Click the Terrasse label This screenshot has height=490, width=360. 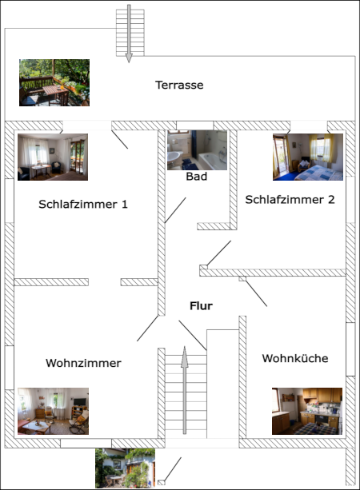point(179,85)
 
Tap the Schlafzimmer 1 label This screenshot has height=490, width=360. point(83,204)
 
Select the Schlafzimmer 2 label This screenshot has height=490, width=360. point(290,200)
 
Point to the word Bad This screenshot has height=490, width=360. point(196,176)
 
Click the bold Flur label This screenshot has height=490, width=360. point(201,305)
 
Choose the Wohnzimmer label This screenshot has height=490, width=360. point(83,363)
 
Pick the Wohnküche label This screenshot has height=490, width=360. point(295,358)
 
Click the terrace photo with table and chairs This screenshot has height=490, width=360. point(54,82)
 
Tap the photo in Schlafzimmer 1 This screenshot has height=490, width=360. point(53,157)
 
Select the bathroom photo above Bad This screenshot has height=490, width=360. point(197,150)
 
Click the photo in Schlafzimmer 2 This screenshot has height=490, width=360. point(308,157)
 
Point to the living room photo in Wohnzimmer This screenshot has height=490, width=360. point(53,410)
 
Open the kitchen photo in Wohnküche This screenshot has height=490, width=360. point(307,411)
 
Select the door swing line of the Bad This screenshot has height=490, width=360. point(176,210)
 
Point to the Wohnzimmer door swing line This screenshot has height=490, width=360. point(147,327)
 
